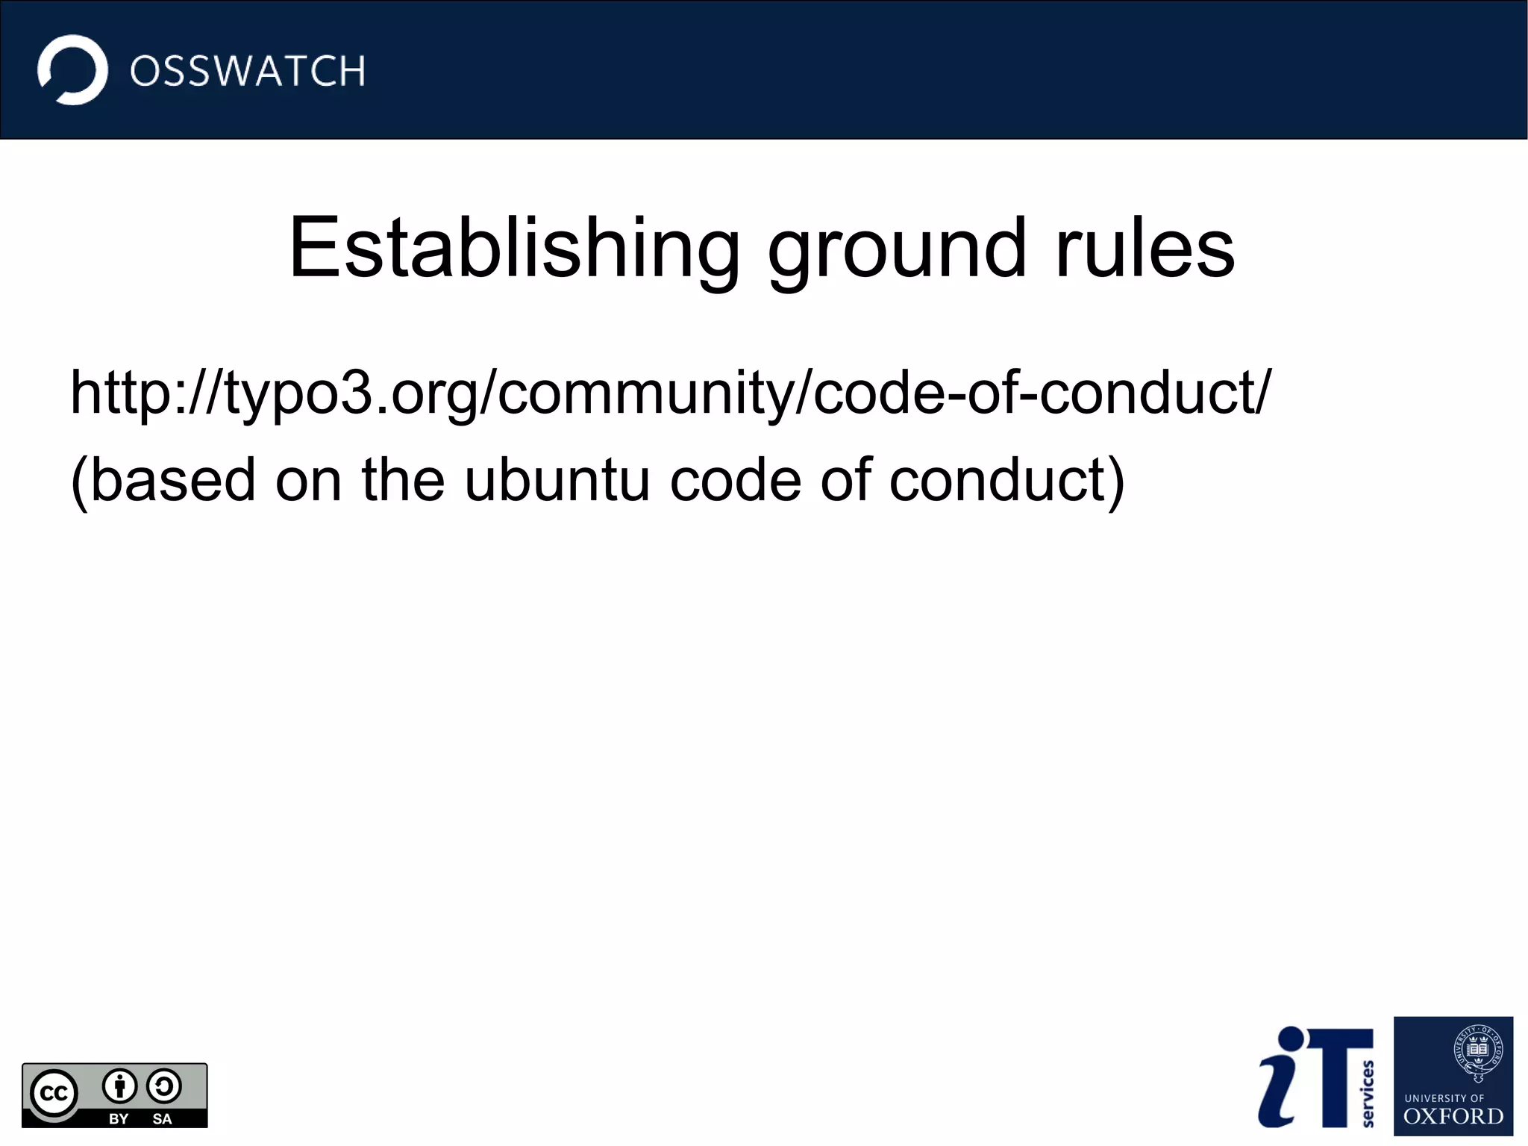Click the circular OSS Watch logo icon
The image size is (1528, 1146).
[72, 69]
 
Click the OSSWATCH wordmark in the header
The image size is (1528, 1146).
[247, 72]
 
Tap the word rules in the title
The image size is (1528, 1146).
[1145, 248]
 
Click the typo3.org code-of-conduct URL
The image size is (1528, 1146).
[670, 393]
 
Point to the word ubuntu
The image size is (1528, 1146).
[557, 479]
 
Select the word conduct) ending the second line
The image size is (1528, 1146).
[1006, 479]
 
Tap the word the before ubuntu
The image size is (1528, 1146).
[403, 479]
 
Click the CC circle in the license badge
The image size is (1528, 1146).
[54, 1094]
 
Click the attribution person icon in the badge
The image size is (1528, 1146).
[119, 1086]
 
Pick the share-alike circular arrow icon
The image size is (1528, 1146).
[163, 1086]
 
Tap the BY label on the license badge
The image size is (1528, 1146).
[119, 1118]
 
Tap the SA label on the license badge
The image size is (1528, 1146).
[162, 1118]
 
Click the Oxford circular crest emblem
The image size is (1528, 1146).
[1478, 1052]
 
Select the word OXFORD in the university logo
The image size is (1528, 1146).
[1453, 1117]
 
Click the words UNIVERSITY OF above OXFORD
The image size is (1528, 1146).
[1444, 1098]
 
